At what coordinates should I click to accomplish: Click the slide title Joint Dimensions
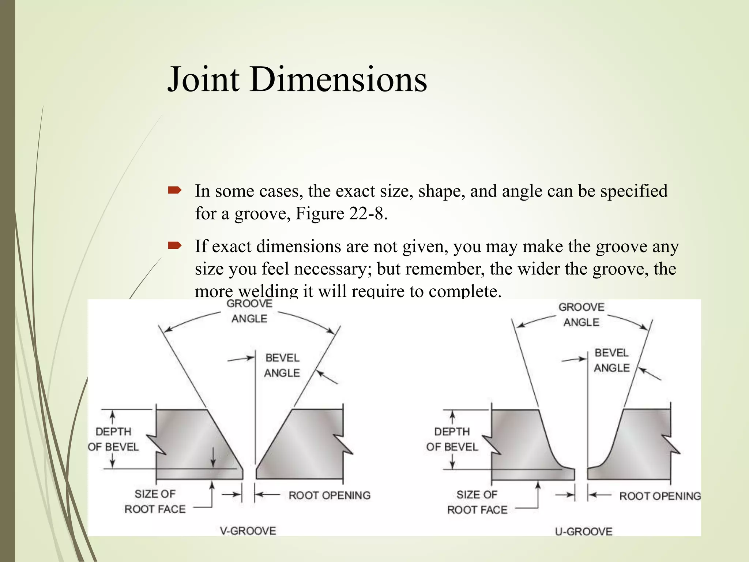[x=297, y=79]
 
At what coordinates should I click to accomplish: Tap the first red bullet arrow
[x=174, y=190]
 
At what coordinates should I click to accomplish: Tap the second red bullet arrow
[x=174, y=245]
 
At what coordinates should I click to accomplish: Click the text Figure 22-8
[x=341, y=213]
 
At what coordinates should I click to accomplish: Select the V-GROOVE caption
[x=248, y=531]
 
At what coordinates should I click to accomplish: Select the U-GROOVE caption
[x=584, y=531]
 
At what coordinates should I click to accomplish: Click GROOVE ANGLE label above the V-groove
[x=249, y=311]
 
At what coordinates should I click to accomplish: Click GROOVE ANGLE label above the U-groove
[x=581, y=315]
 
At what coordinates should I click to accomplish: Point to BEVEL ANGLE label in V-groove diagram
[x=282, y=365]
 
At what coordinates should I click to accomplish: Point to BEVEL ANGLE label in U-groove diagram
[x=611, y=360]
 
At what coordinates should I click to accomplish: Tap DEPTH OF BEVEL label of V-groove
[x=113, y=439]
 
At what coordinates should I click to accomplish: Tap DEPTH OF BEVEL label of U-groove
[x=452, y=439]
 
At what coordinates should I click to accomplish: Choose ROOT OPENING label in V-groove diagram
[x=330, y=495]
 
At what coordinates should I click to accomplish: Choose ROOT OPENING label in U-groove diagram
[x=660, y=496]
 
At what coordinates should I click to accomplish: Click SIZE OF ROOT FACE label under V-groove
[x=155, y=501]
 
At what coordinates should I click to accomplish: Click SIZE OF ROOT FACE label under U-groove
[x=477, y=502]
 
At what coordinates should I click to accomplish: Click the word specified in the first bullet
[x=634, y=191]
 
